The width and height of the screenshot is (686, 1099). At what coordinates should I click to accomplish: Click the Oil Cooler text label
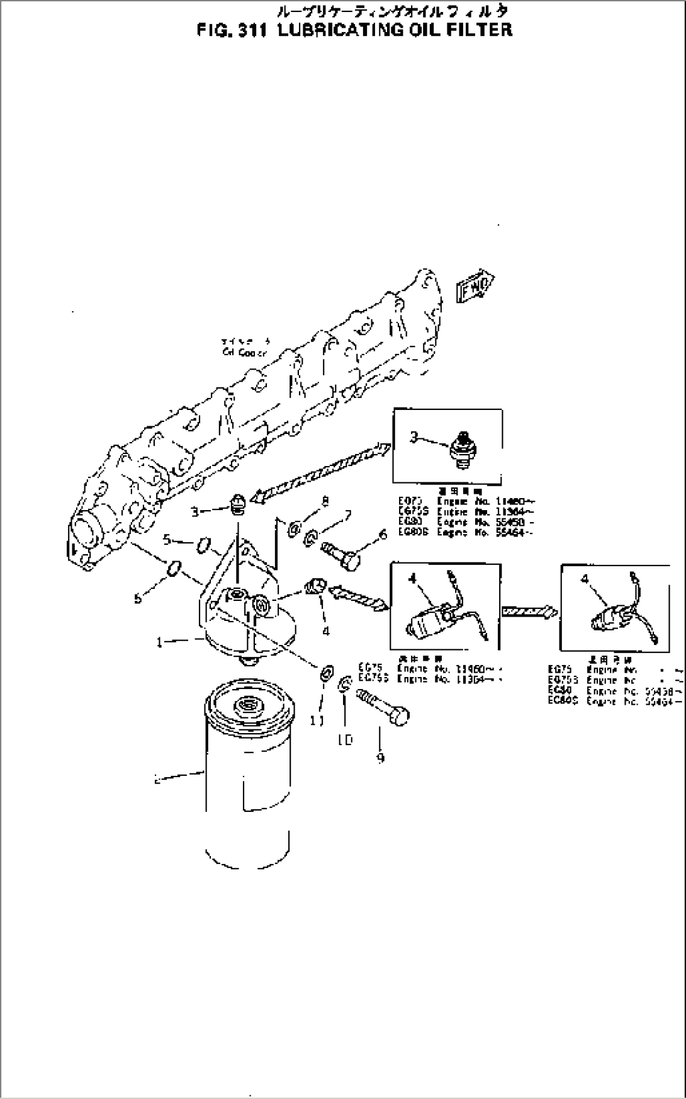245,351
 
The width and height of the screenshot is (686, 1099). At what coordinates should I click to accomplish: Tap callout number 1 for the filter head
160,642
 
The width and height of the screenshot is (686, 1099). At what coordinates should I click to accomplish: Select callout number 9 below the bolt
380,758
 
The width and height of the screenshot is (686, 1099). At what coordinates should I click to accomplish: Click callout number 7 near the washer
346,516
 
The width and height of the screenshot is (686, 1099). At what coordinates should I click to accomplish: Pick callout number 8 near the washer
325,501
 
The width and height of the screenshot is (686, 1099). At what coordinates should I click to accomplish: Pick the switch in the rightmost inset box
620,615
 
